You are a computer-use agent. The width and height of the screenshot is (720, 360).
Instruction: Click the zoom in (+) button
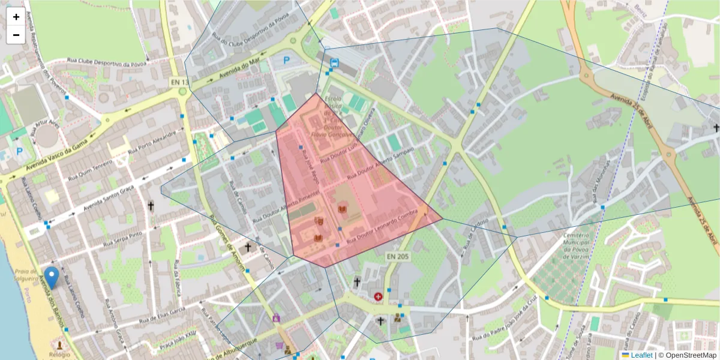pyautogui.click(x=16, y=17)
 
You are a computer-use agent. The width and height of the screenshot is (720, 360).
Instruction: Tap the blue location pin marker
pyautogui.click(x=52, y=277)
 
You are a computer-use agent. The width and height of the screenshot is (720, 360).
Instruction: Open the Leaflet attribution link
pyautogui.click(x=641, y=355)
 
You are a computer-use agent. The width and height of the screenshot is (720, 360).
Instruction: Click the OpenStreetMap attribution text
pyautogui.click(x=691, y=355)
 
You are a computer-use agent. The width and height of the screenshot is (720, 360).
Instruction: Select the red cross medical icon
pyautogui.click(x=378, y=296)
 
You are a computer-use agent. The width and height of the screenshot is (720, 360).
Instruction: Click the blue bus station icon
pyautogui.click(x=334, y=62)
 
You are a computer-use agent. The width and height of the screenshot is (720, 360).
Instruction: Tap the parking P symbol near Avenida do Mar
pyautogui.click(x=287, y=60)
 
